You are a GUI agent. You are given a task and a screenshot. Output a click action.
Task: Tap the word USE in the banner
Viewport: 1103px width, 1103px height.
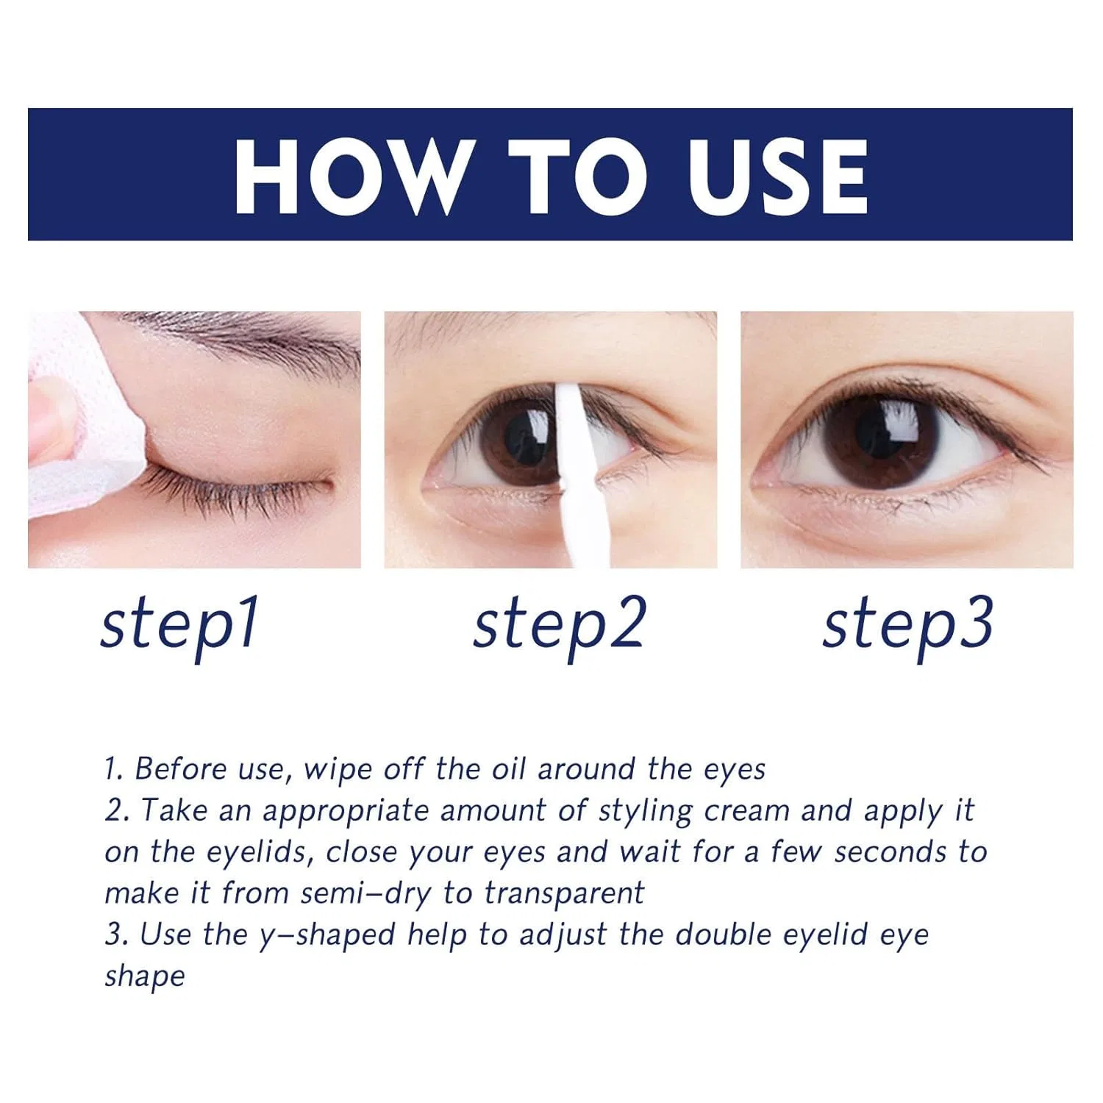777,176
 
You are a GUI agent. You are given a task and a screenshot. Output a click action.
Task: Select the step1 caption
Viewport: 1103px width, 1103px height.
179,626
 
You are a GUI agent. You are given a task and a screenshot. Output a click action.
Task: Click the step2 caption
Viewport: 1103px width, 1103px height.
559,626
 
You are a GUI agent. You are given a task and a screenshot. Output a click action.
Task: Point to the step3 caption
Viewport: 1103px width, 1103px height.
908,626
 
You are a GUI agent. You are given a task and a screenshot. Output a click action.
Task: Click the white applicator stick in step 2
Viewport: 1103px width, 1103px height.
577,471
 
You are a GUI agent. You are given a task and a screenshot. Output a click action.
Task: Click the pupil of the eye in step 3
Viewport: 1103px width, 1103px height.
880,434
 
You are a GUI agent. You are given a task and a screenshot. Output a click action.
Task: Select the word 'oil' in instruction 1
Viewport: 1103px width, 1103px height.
509,769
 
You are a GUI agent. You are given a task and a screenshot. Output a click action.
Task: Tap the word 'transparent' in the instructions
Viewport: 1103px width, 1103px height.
564,894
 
